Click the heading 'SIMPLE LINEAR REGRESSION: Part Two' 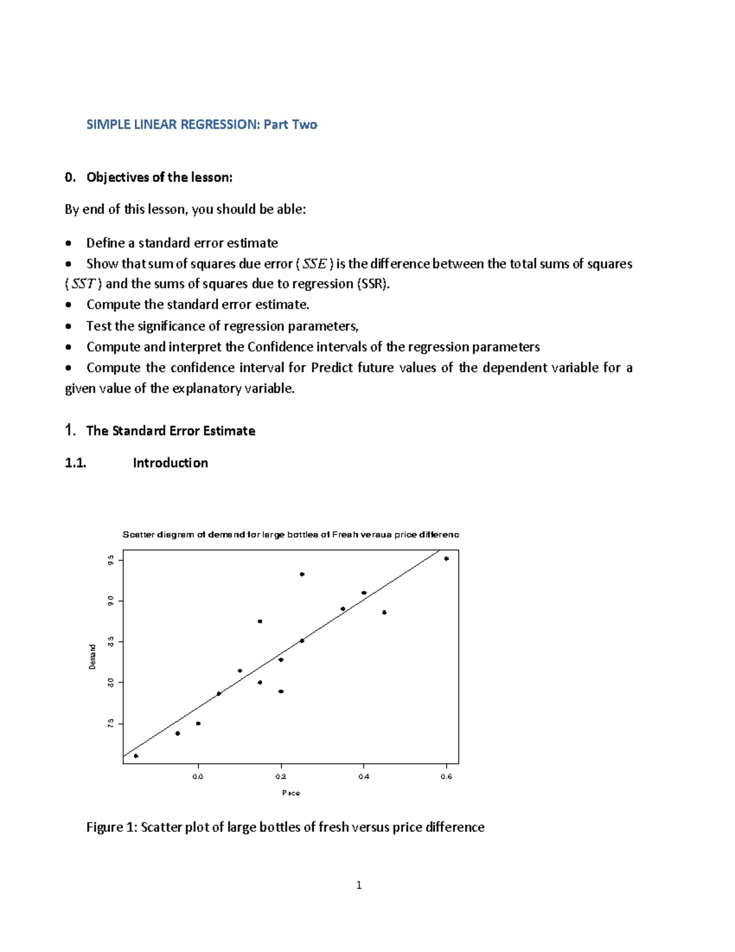point(202,124)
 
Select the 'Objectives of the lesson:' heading point(159,177)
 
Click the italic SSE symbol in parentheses point(315,264)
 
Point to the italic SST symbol point(83,284)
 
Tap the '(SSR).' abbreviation point(373,284)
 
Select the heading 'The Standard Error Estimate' point(170,431)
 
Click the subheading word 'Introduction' point(170,463)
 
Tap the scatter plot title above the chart point(290,535)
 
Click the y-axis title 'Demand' point(92,657)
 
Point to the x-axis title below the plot point(291,793)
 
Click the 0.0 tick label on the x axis point(198,777)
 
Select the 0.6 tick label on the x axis point(447,777)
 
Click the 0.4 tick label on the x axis point(364,777)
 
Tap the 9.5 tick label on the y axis point(111,560)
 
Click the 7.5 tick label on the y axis point(111,724)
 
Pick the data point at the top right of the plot point(447,558)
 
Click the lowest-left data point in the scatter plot point(136,756)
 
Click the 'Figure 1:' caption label point(112,828)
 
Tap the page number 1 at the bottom point(359,885)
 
